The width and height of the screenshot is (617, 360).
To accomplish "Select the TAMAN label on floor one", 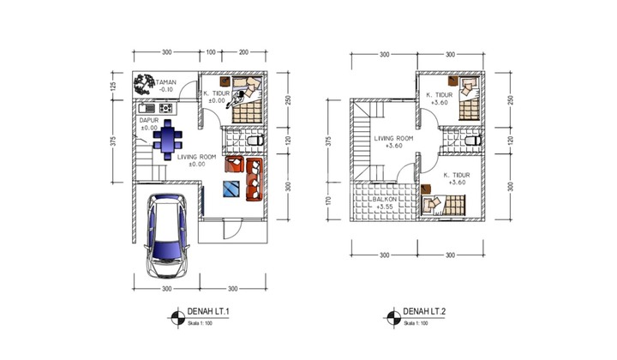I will pos(165,82).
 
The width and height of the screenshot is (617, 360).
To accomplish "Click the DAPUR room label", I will pos(150,121).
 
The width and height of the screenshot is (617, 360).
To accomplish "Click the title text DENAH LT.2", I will pos(422,311).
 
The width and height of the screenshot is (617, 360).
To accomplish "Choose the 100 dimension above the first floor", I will pos(211,53).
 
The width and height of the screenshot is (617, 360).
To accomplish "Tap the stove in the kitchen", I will pos(165,108).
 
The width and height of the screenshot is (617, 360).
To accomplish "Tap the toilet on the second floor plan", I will pos(470,139).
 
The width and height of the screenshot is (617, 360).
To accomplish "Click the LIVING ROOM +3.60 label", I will pos(394,141).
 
